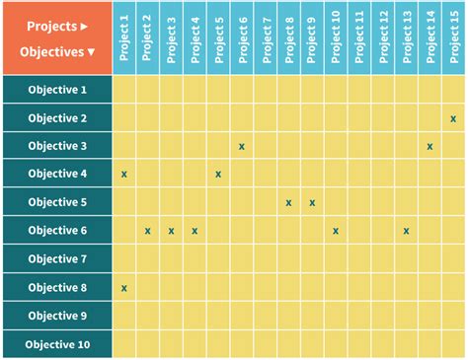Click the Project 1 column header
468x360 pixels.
tap(124, 37)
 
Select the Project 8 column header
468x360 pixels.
tap(288, 37)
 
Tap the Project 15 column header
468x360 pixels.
tap(453, 37)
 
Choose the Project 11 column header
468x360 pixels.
tap(358, 37)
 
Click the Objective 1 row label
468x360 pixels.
tap(57, 90)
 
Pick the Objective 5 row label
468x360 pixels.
tap(57, 202)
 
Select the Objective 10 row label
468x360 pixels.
tap(57, 344)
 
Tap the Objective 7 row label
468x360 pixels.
tap(57, 259)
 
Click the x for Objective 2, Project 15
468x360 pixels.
tap(453, 118)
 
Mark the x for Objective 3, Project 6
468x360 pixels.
tap(242, 146)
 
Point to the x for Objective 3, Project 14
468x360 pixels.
tap(430, 146)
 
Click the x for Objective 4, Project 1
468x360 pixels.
tap(124, 175)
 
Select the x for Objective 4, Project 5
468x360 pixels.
tap(218, 175)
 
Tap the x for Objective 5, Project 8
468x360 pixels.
tap(288, 202)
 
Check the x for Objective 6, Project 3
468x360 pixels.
tap(171, 231)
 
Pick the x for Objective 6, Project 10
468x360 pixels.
tap(336, 231)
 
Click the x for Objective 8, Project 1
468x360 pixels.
tap(124, 288)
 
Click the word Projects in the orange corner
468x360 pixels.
tap(50, 25)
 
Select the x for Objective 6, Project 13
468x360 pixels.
tap(407, 231)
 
